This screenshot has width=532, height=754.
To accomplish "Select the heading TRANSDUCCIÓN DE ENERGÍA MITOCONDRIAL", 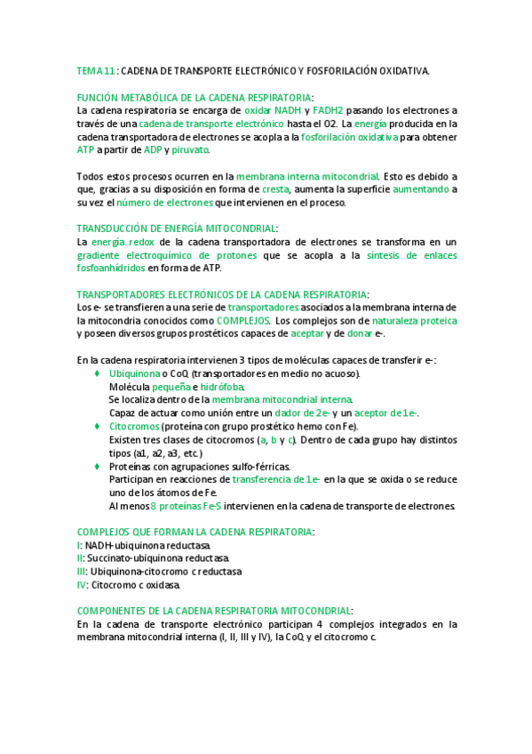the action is pos(177,229).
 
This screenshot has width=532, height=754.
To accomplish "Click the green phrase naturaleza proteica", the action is pos(416,320).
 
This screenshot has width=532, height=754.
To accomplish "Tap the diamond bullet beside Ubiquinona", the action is pos(97,374).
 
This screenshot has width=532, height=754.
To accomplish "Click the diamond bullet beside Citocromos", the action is pos(97,427).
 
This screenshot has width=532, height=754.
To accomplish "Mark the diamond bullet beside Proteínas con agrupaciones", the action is pos(97,466).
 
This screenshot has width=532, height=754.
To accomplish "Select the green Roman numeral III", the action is pos(82,572).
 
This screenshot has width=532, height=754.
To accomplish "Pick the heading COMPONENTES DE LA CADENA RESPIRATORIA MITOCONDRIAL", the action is pos(214,611).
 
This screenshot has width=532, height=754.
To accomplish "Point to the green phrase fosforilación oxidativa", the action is pos(348,138).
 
